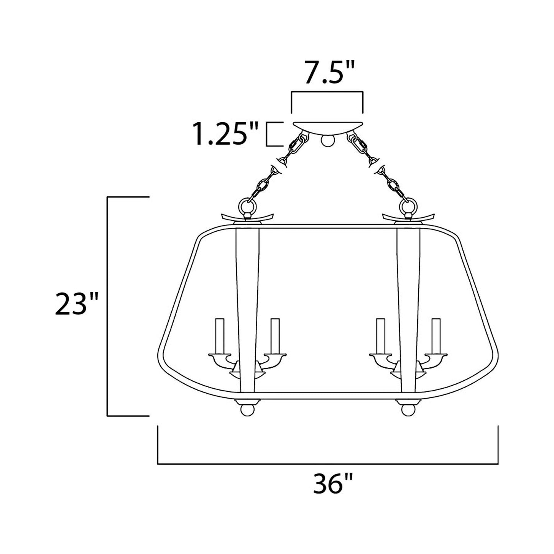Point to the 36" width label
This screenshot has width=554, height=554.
click(332, 484)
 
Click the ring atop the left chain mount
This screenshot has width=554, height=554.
click(246, 207)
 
